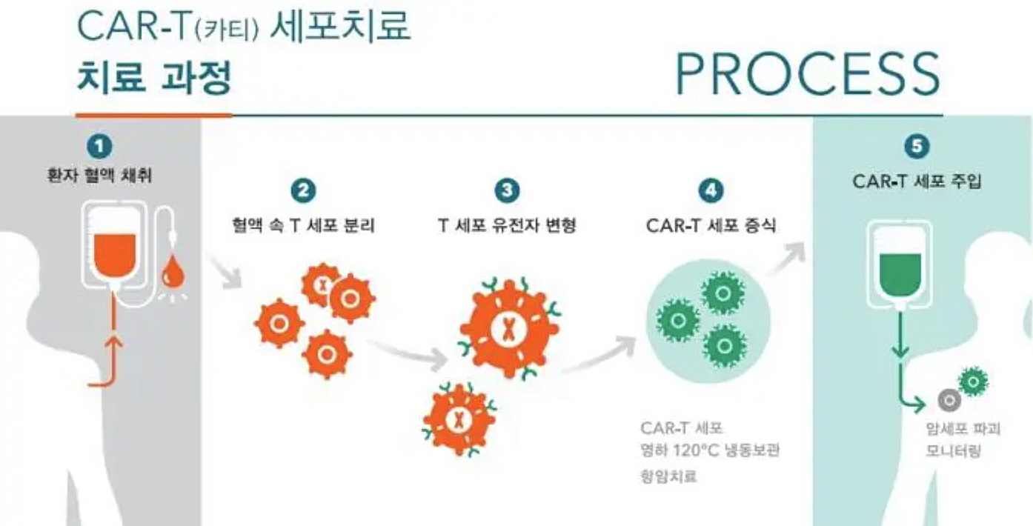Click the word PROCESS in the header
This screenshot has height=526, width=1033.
click(808, 74)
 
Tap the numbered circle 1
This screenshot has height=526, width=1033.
click(99, 147)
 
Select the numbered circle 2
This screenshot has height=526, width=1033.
click(303, 190)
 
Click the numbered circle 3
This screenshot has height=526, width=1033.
click(507, 190)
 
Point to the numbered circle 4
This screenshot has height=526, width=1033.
click(711, 190)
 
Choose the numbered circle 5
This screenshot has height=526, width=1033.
click(917, 147)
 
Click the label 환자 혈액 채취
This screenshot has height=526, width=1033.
click(99, 176)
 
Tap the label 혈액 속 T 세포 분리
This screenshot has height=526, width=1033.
click(303, 225)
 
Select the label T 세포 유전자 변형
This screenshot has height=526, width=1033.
click(507, 225)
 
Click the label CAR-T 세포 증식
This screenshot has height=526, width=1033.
click(711, 226)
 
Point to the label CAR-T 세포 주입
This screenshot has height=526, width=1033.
click(917, 182)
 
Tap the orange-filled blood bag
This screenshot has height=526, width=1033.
click(116, 256)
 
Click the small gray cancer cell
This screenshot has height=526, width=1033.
click(949, 400)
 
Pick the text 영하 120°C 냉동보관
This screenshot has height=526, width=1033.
click(710, 450)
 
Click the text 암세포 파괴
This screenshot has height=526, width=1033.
click(963, 429)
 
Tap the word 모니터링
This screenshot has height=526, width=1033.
click(953, 451)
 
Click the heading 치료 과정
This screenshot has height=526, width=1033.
click(154, 78)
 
